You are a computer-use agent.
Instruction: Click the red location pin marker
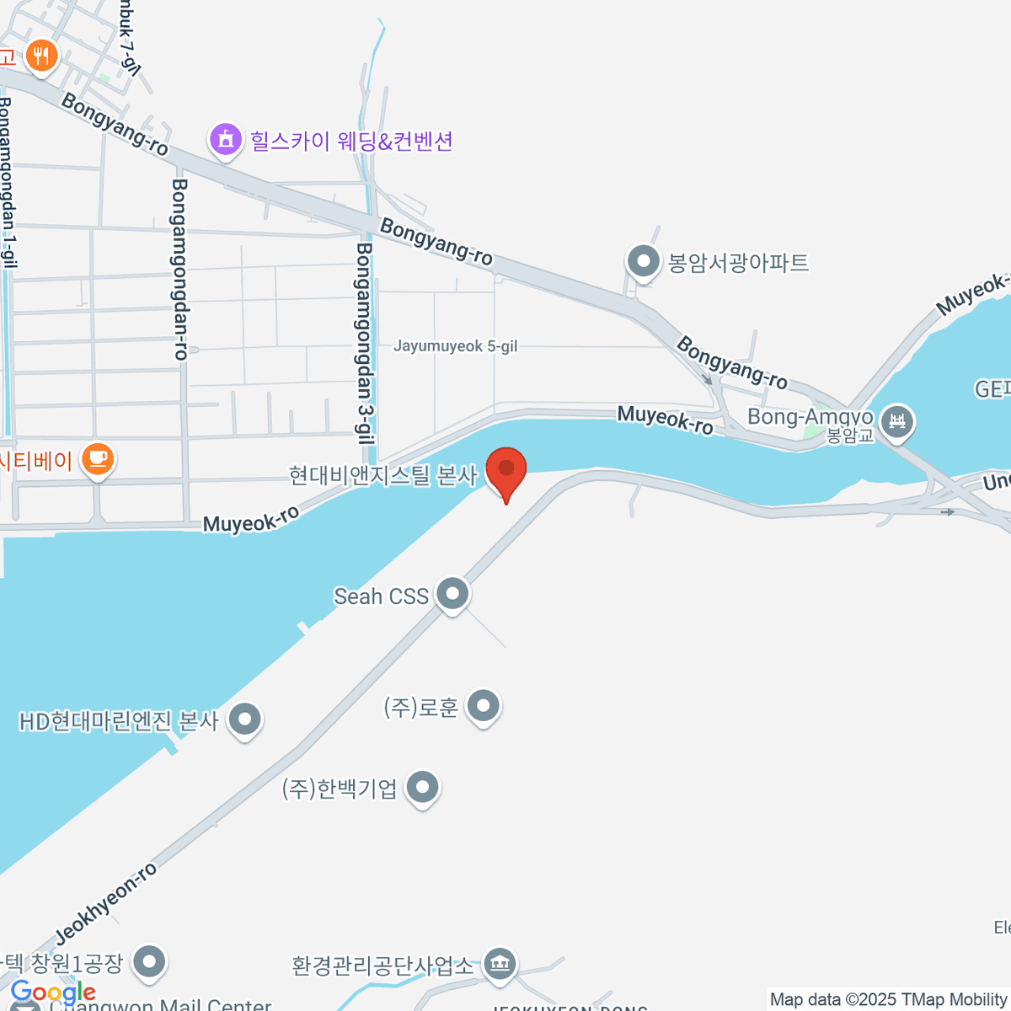pos(506,470)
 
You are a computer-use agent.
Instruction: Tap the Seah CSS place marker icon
pos(452,594)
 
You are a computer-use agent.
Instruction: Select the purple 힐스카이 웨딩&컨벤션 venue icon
pos(225,139)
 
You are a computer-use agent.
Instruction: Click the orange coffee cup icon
pos(98,459)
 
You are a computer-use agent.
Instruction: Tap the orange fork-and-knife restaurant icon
pos(40,56)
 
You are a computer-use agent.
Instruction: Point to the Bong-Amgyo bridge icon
pos(896,420)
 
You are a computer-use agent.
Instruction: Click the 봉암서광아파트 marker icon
pos(644,261)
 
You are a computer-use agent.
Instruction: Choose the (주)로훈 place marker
pos(484,705)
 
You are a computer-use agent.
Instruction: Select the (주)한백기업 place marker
pos(423,788)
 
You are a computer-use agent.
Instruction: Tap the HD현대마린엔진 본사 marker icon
pos(245,720)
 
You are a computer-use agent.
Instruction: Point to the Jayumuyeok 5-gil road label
pos(455,346)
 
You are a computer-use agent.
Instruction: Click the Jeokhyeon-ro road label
pos(106,903)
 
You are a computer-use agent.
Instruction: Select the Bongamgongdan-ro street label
pos(179,270)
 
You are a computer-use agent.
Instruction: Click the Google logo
pos(53,992)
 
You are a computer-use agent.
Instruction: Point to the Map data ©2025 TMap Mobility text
pos(889,999)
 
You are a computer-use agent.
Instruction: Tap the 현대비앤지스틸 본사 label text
pos(383,475)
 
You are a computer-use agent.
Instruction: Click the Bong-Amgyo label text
pos(810,417)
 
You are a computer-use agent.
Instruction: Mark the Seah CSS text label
pos(382,596)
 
